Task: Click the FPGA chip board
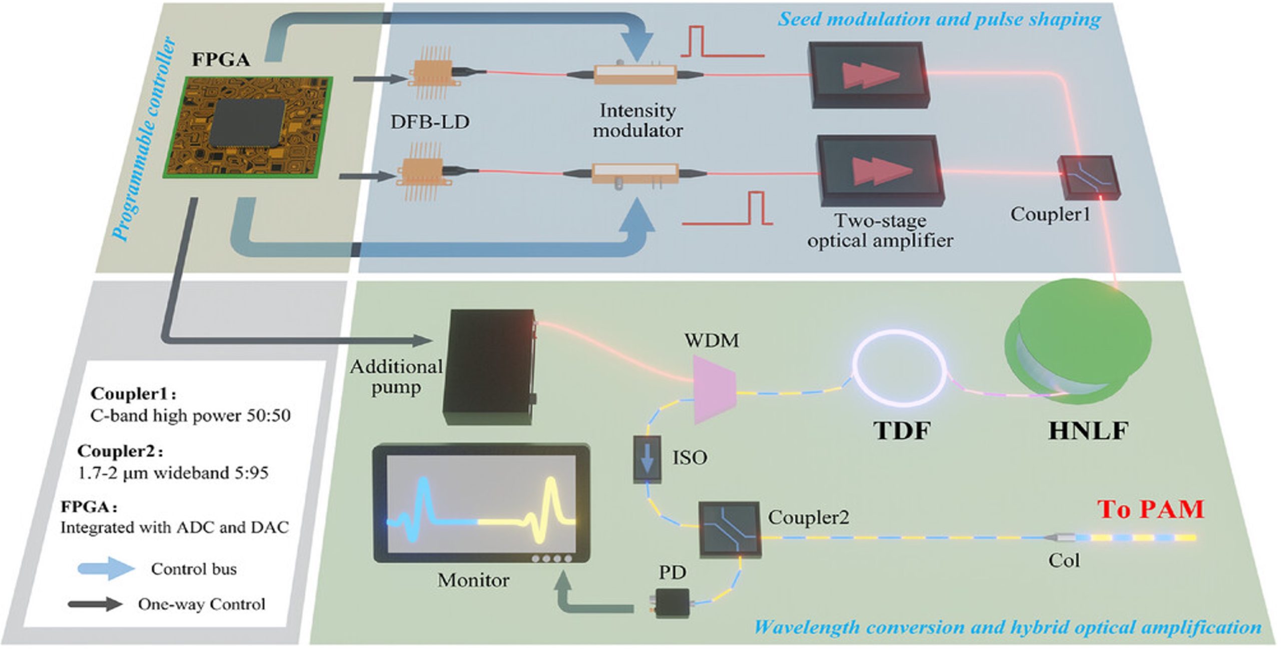click(x=248, y=128)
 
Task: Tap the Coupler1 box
click(x=1088, y=178)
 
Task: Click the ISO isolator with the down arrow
click(x=647, y=459)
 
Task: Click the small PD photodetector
click(x=672, y=602)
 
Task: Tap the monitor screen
click(x=480, y=503)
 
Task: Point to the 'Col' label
click(x=1064, y=560)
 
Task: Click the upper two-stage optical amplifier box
click(x=869, y=75)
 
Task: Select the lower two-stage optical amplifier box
click(x=881, y=170)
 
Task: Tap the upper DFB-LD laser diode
click(x=431, y=74)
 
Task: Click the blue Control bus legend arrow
click(x=106, y=569)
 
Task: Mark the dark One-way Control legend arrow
click(x=95, y=604)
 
